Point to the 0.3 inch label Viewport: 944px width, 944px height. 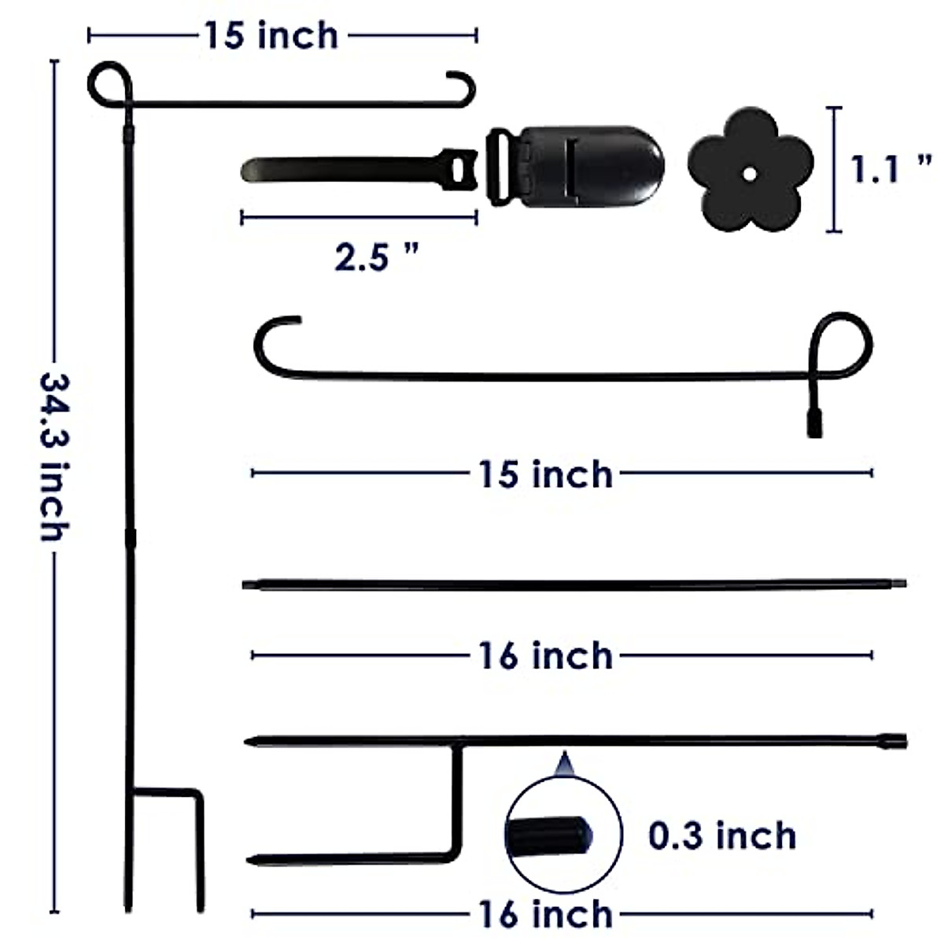722,835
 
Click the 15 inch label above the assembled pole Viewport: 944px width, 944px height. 271,36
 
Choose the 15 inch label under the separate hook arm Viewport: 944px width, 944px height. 545,474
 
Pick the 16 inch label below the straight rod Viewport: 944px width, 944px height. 545,656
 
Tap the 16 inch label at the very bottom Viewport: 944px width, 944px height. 545,914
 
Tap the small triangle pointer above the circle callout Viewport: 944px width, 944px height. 562,764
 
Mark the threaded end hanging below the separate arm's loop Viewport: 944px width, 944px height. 814,422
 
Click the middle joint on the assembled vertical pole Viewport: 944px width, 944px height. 130,537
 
